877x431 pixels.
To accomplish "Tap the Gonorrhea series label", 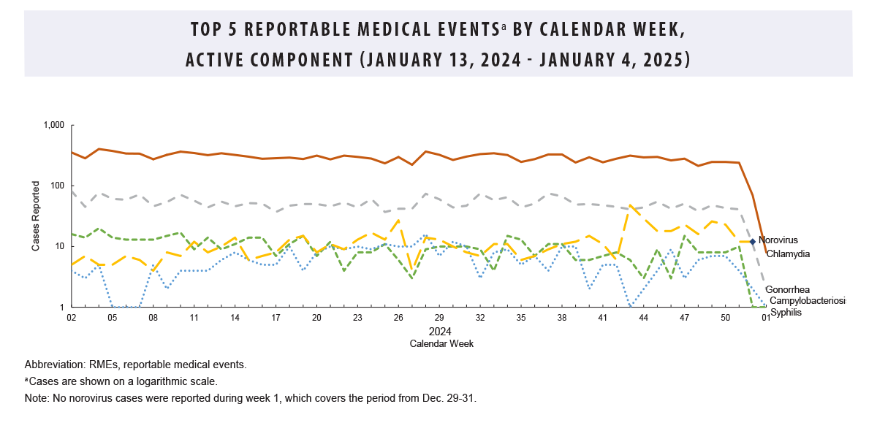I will click(x=787, y=289).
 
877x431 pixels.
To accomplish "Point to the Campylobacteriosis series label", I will click(x=807, y=301).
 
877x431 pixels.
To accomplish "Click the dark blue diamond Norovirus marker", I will click(x=753, y=241).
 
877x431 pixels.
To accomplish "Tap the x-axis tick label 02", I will click(x=72, y=319).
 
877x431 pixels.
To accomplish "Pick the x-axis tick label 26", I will click(x=398, y=319).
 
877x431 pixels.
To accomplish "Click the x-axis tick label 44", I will click(x=643, y=319).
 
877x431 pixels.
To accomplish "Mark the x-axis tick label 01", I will click(x=765, y=319).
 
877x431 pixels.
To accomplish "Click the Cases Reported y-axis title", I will click(x=35, y=216).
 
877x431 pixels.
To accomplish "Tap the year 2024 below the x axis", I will click(x=440, y=331).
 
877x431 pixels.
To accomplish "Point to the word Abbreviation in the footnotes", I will click(x=52, y=364).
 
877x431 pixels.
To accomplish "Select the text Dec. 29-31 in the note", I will click(x=448, y=399).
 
